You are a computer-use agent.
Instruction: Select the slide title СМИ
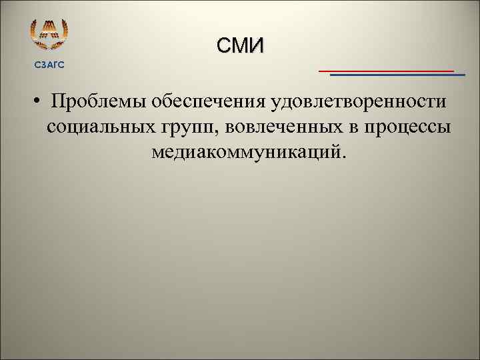(x=240, y=45)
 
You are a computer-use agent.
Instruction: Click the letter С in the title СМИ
(x=223, y=45)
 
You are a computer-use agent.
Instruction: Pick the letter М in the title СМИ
(x=239, y=45)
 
